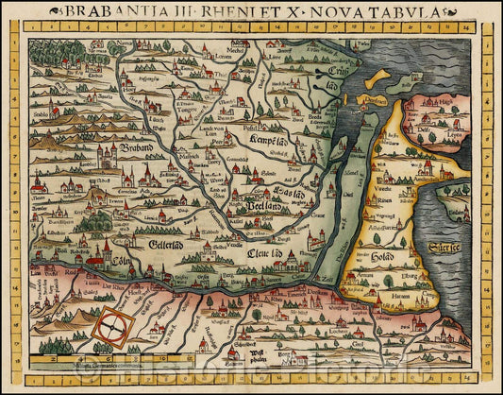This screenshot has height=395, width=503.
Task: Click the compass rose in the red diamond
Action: point(111,327)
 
